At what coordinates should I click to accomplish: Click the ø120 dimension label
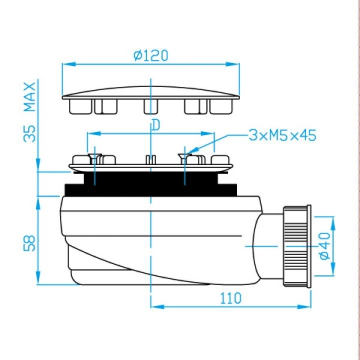click(x=151, y=56)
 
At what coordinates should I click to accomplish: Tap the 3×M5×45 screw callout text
click(x=283, y=135)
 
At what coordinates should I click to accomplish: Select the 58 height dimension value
click(x=29, y=243)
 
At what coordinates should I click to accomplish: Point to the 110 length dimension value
click(x=231, y=298)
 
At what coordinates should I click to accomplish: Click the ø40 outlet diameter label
click(x=325, y=246)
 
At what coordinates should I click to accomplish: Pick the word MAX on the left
click(x=30, y=97)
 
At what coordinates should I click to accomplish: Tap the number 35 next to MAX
click(x=30, y=134)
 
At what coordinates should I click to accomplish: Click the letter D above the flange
click(x=156, y=125)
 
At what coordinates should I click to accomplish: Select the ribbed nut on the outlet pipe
click(x=295, y=246)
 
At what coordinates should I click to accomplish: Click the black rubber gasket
click(x=151, y=184)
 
